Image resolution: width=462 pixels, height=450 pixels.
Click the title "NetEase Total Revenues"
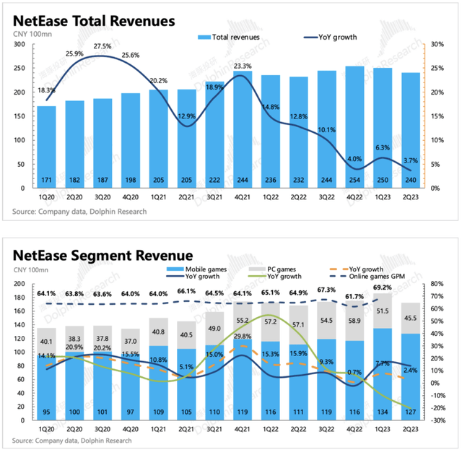coord(93,20)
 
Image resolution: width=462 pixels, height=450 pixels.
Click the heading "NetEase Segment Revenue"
coord(102,255)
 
